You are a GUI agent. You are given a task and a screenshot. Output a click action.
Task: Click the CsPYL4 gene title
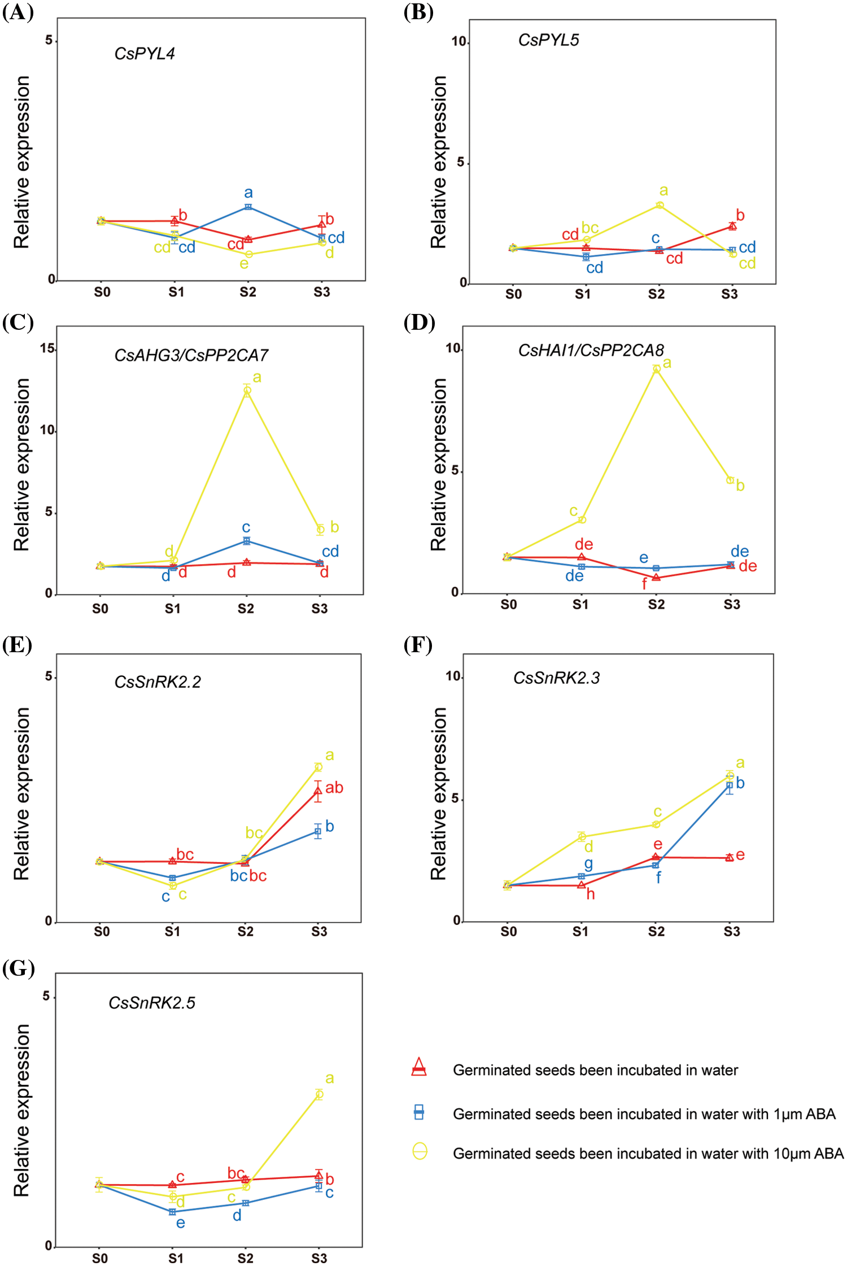coord(145,54)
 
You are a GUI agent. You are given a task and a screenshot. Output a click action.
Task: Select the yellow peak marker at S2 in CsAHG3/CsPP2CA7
coord(247,391)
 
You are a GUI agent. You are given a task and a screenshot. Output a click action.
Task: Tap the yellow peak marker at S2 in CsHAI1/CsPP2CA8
coord(656,369)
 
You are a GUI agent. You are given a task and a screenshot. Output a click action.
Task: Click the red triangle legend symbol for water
coord(419,1067)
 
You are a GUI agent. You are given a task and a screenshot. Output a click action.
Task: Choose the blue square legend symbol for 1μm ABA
coord(419,1112)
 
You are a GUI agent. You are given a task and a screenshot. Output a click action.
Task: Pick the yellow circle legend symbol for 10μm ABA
coord(420,1151)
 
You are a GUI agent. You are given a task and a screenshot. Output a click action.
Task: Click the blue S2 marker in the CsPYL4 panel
coord(248,207)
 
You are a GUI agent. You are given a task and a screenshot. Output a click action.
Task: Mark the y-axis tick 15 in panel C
coord(47,348)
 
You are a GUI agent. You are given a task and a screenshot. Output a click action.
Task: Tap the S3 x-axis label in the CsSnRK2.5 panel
coord(319,1258)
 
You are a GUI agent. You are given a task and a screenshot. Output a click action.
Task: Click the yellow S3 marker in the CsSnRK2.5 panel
coord(319,1094)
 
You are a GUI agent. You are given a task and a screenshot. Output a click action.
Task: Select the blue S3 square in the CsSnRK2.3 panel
coord(730,785)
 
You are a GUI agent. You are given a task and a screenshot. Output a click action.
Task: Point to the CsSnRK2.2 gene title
coord(158,682)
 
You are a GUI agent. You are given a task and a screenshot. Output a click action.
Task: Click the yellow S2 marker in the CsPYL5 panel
coord(660,205)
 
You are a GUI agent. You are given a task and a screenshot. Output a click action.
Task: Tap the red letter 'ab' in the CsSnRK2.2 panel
coord(334,788)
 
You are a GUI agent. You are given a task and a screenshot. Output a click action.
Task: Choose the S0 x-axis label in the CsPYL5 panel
coord(513,294)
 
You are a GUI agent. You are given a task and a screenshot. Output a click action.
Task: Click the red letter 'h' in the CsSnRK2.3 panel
coord(591,894)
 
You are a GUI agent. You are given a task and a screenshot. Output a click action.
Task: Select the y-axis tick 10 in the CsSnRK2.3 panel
coord(453,676)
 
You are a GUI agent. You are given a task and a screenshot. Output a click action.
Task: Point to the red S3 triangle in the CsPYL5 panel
coord(732,226)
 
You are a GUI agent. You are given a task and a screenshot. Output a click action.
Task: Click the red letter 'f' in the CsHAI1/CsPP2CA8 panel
coord(644,584)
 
